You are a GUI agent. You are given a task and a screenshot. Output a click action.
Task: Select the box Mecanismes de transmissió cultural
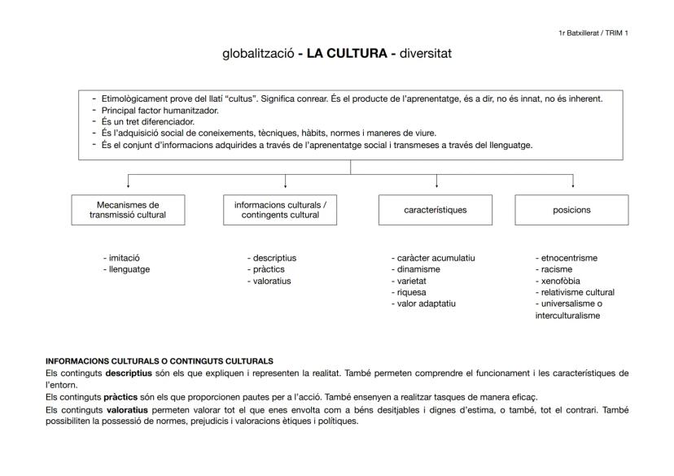[x=127, y=209]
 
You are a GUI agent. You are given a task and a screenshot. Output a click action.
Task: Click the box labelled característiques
[x=435, y=210]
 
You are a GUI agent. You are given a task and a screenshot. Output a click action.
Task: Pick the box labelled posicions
[x=571, y=210]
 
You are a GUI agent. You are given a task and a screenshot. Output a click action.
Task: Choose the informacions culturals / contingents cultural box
[x=281, y=209]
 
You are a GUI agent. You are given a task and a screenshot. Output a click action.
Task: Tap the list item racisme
[x=556, y=269]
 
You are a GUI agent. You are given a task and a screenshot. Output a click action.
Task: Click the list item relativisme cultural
[x=577, y=292]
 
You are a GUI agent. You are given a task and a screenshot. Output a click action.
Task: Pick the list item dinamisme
[x=418, y=269]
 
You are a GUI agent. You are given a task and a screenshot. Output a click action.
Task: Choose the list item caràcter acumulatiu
[x=435, y=258]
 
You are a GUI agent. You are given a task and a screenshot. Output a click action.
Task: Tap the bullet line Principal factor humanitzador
[x=160, y=109]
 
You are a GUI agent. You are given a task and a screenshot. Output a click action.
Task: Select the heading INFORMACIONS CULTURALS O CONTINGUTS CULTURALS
[x=160, y=360]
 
